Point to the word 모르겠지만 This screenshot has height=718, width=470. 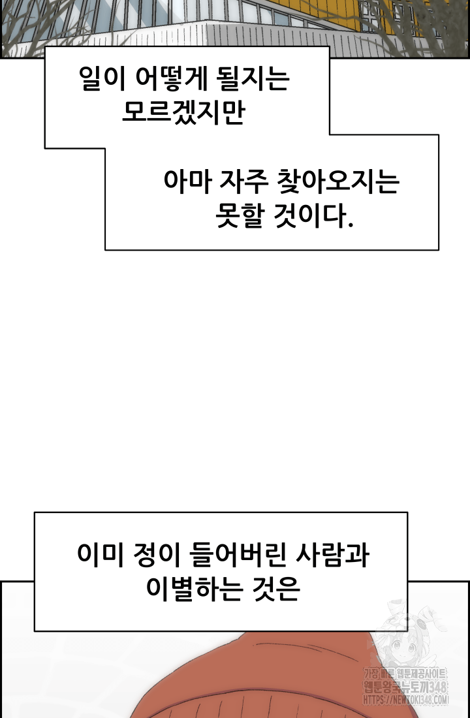pyautogui.click(x=183, y=112)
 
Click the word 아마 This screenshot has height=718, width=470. pyautogui.click(x=187, y=182)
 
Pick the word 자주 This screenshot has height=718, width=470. pyautogui.click(x=243, y=182)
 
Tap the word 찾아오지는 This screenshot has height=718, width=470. pyautogui.click(x=338, y=182)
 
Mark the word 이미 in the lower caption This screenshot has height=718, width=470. pyautogui.click(x=100, y=555)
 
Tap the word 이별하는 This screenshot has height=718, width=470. pyautogui.click(x=195, y=588)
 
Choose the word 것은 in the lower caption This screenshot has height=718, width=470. pyautogui.click(x=276, y=588)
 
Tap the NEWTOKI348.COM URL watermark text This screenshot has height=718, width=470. pyautogui.click(x=406, y=700)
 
